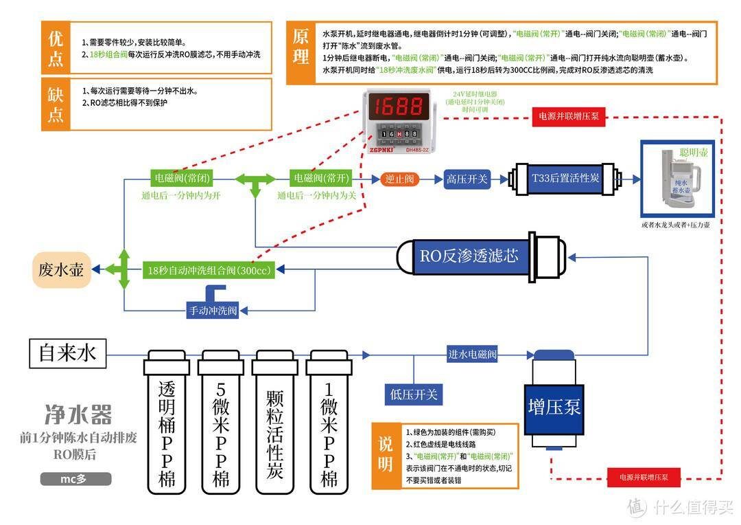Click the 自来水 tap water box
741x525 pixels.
coord(68,354)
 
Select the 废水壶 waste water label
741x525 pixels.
coord(61,269)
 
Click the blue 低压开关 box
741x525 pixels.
coord(413,394)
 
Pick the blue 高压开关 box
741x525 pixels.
coord(466,179)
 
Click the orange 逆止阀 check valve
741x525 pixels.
coord(399,179)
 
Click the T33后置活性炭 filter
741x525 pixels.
coord(565,179)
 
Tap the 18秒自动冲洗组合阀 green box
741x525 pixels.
coord(209,270)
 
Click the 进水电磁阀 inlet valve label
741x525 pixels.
coord(471,355)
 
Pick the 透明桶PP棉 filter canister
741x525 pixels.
coord(165,423)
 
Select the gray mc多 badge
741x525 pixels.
coord(75,478)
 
